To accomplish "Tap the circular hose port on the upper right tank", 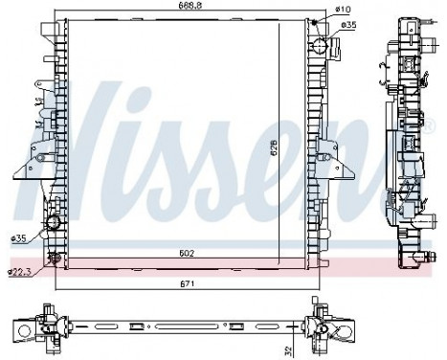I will tap(319, 44).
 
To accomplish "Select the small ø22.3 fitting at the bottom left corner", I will tap(54, 259).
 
